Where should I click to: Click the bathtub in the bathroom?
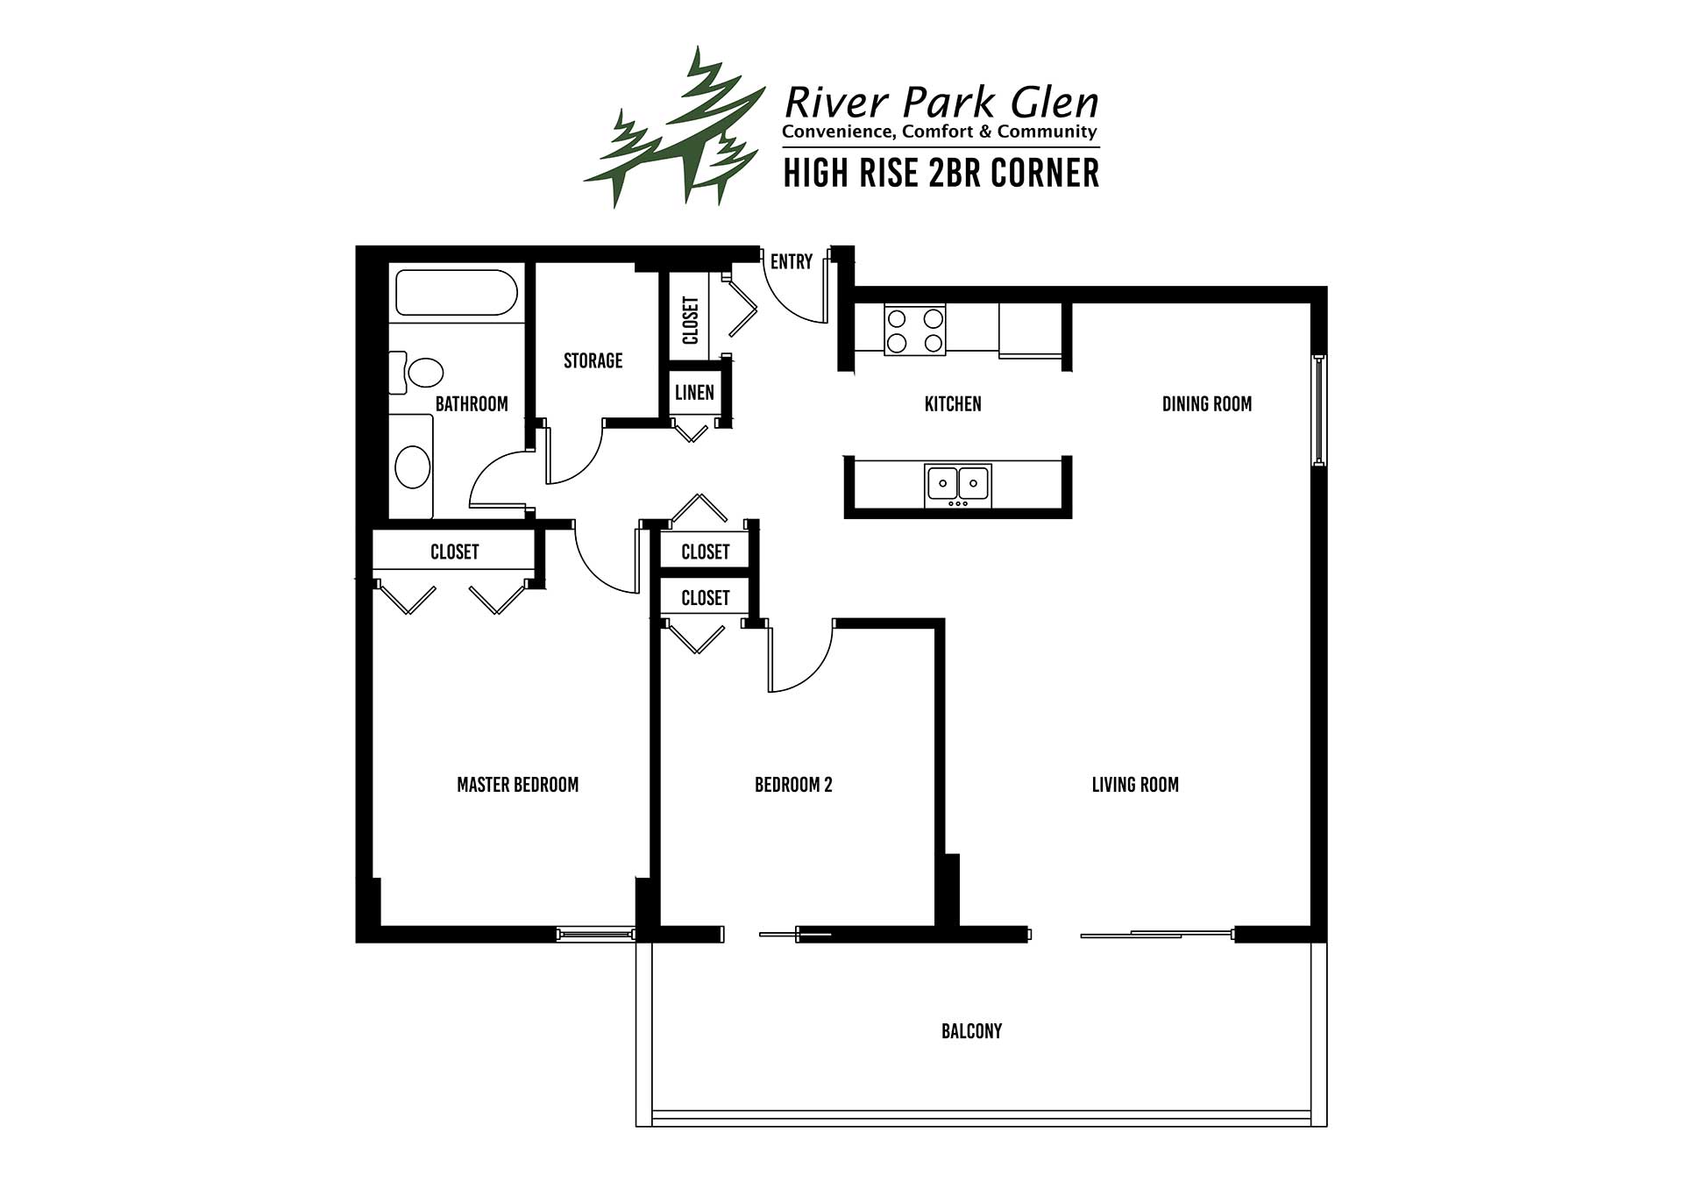(456, 292)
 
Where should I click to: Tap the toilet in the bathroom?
(415, 373)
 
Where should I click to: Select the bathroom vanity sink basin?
(413, 466)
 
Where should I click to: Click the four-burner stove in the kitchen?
(915, 330)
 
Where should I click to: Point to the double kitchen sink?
(958, 485)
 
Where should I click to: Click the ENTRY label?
(792, 261)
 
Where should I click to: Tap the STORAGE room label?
(593, 360)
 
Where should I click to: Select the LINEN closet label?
(694, 392)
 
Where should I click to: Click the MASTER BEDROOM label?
(517, 785)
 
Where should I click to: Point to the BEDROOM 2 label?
(793, 785)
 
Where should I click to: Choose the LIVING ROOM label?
(1135, 785)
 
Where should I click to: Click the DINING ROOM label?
(1207, 404)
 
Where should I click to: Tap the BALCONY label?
(971, 1031)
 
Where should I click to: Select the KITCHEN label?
(953, 404)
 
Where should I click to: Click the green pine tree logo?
(675, 127)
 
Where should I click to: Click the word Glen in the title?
(1055, 103)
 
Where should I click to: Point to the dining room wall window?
(1318, 409)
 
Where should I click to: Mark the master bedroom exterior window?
(595, 935)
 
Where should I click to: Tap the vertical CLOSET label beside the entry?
(691, 320)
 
